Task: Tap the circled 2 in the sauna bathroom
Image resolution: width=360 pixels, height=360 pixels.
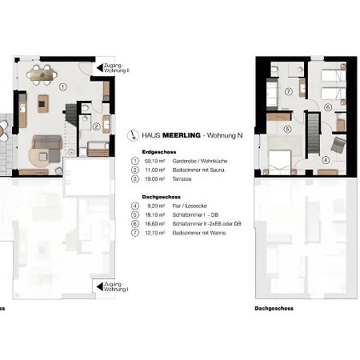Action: [x=95, y=126]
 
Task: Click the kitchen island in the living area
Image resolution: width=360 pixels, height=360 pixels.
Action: [x=43, y=103]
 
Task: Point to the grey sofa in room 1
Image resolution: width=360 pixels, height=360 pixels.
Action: [x=46, y=149]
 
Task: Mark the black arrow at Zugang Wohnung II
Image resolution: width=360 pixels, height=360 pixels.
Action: [x=96, y=69]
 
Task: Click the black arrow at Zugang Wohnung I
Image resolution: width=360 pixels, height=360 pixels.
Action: [x=96, y=283]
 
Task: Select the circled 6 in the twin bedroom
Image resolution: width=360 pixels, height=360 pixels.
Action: [x=327, y=106]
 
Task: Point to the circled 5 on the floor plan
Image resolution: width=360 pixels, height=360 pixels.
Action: [x=286, y=130]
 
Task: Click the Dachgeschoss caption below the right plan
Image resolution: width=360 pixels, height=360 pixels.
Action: [x=274, y=308]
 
